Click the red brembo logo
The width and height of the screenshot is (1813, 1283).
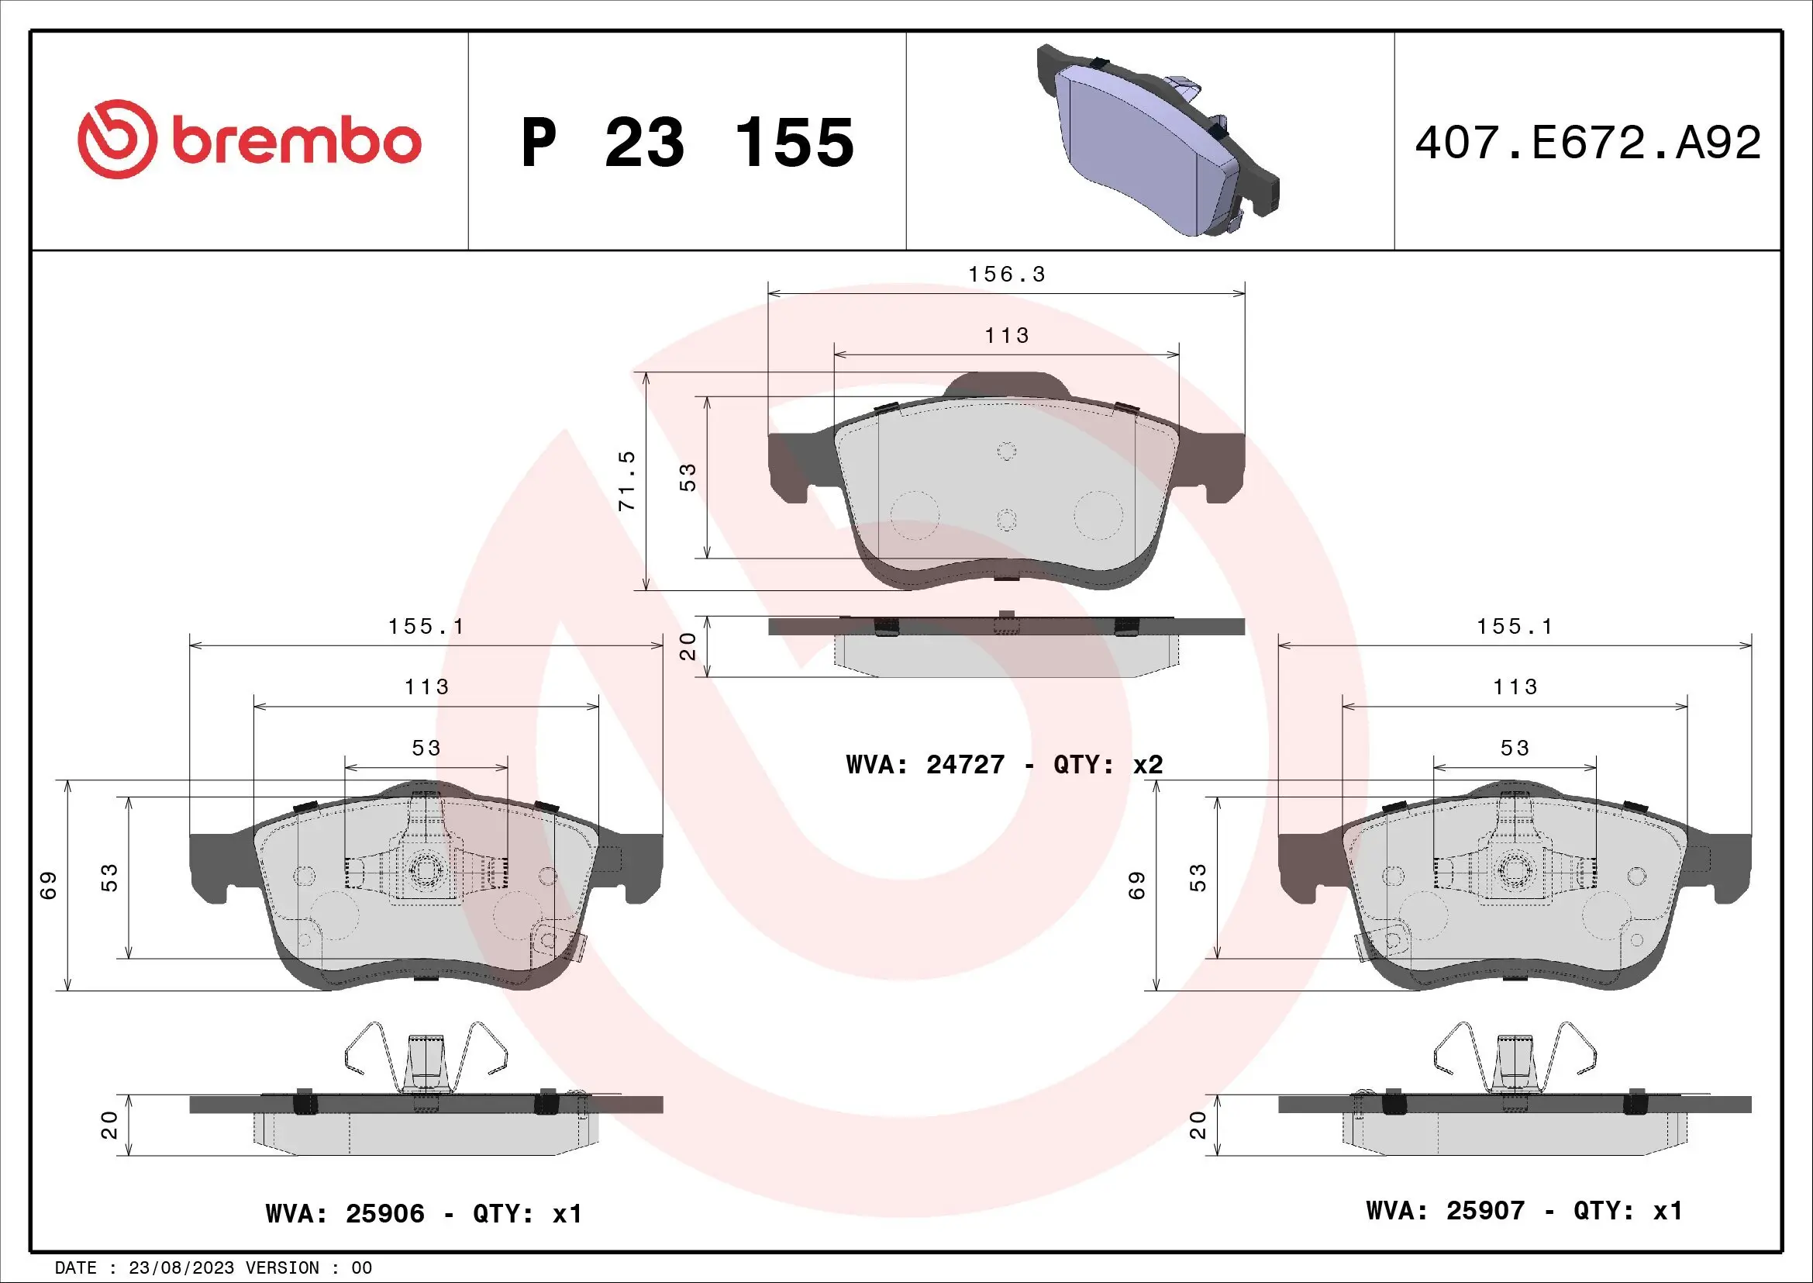249,140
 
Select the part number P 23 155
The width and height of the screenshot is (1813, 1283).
687,143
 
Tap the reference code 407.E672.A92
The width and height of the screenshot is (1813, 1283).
1587,143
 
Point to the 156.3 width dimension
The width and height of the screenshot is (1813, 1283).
1007,275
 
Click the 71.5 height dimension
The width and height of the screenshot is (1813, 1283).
627,480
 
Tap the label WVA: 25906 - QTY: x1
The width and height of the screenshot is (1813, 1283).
424,1213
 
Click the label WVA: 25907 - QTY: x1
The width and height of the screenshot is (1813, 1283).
1524,1210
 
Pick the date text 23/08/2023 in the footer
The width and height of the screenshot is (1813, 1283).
181,1268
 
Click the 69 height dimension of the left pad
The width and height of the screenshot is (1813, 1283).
49,885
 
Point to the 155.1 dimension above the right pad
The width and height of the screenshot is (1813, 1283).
1515,627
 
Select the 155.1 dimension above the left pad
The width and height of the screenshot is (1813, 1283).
426,627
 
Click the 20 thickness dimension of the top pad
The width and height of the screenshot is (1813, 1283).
688,646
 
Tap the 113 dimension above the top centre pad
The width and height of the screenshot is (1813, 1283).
1007,336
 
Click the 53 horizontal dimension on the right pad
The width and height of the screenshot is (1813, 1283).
1515,748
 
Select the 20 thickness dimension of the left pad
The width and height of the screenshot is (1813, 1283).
110,1125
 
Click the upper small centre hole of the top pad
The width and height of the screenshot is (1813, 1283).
1007,451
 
